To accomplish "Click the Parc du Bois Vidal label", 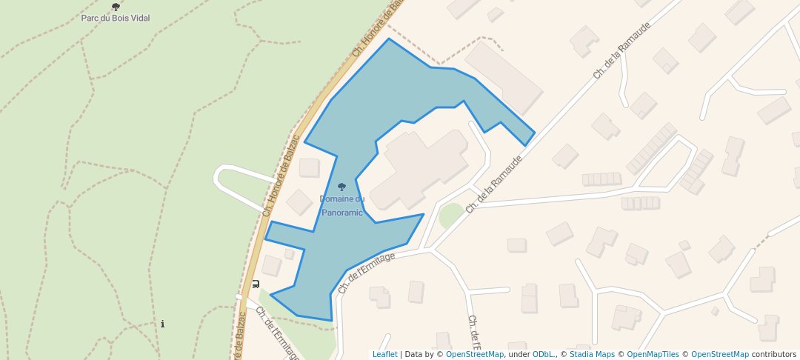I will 116,18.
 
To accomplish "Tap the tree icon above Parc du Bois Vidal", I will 116,7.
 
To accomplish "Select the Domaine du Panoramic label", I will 342,205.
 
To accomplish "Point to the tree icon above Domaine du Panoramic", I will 341,187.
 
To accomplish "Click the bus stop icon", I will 256,284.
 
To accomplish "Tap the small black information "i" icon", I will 162,324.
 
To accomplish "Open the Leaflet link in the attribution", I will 384,355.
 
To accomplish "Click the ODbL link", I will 543,355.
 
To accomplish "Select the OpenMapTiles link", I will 653,355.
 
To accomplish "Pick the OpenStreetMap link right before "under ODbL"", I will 475,355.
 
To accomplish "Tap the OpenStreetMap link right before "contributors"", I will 719,355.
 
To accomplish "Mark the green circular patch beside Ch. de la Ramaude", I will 451,216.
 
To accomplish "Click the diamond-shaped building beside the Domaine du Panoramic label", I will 300,201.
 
